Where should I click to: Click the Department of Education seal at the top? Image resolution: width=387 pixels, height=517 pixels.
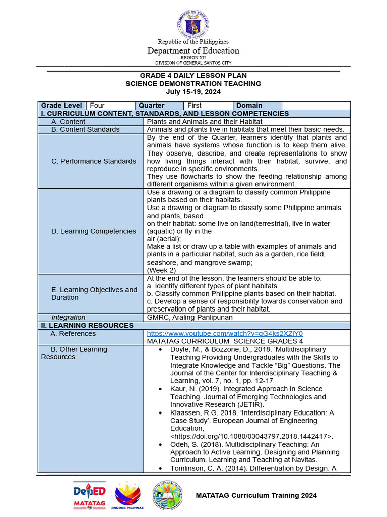193,24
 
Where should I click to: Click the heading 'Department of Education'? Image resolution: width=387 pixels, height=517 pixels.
193,50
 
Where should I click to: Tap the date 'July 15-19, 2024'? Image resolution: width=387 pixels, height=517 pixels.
193,92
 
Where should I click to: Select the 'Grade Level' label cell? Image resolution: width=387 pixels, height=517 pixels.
61,106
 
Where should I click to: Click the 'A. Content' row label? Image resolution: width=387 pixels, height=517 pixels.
69,122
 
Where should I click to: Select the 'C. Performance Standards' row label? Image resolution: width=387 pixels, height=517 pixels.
94,161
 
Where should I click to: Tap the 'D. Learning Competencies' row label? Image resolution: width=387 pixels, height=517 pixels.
94,231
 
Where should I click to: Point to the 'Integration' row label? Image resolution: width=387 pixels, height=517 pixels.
69,317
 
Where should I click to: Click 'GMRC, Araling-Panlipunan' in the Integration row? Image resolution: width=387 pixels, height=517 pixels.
189,317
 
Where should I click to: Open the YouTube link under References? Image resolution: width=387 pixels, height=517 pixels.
225,334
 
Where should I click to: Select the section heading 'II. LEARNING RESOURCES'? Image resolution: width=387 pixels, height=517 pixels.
87,326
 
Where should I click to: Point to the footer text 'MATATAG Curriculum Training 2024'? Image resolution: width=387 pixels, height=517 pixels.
256,495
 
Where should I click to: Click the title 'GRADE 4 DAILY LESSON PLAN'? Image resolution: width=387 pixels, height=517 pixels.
193,75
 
